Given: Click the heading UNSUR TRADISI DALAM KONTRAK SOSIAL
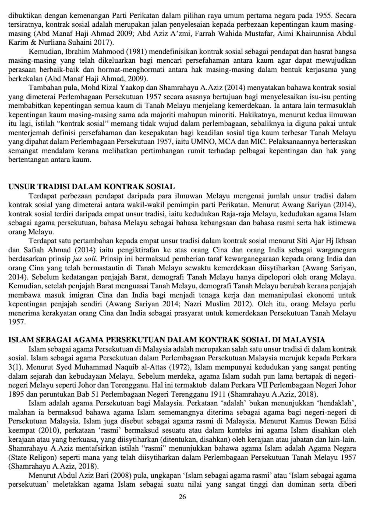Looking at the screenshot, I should [x=92, y=187].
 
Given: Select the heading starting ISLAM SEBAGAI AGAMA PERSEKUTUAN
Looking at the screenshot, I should [x=167, y=340].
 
